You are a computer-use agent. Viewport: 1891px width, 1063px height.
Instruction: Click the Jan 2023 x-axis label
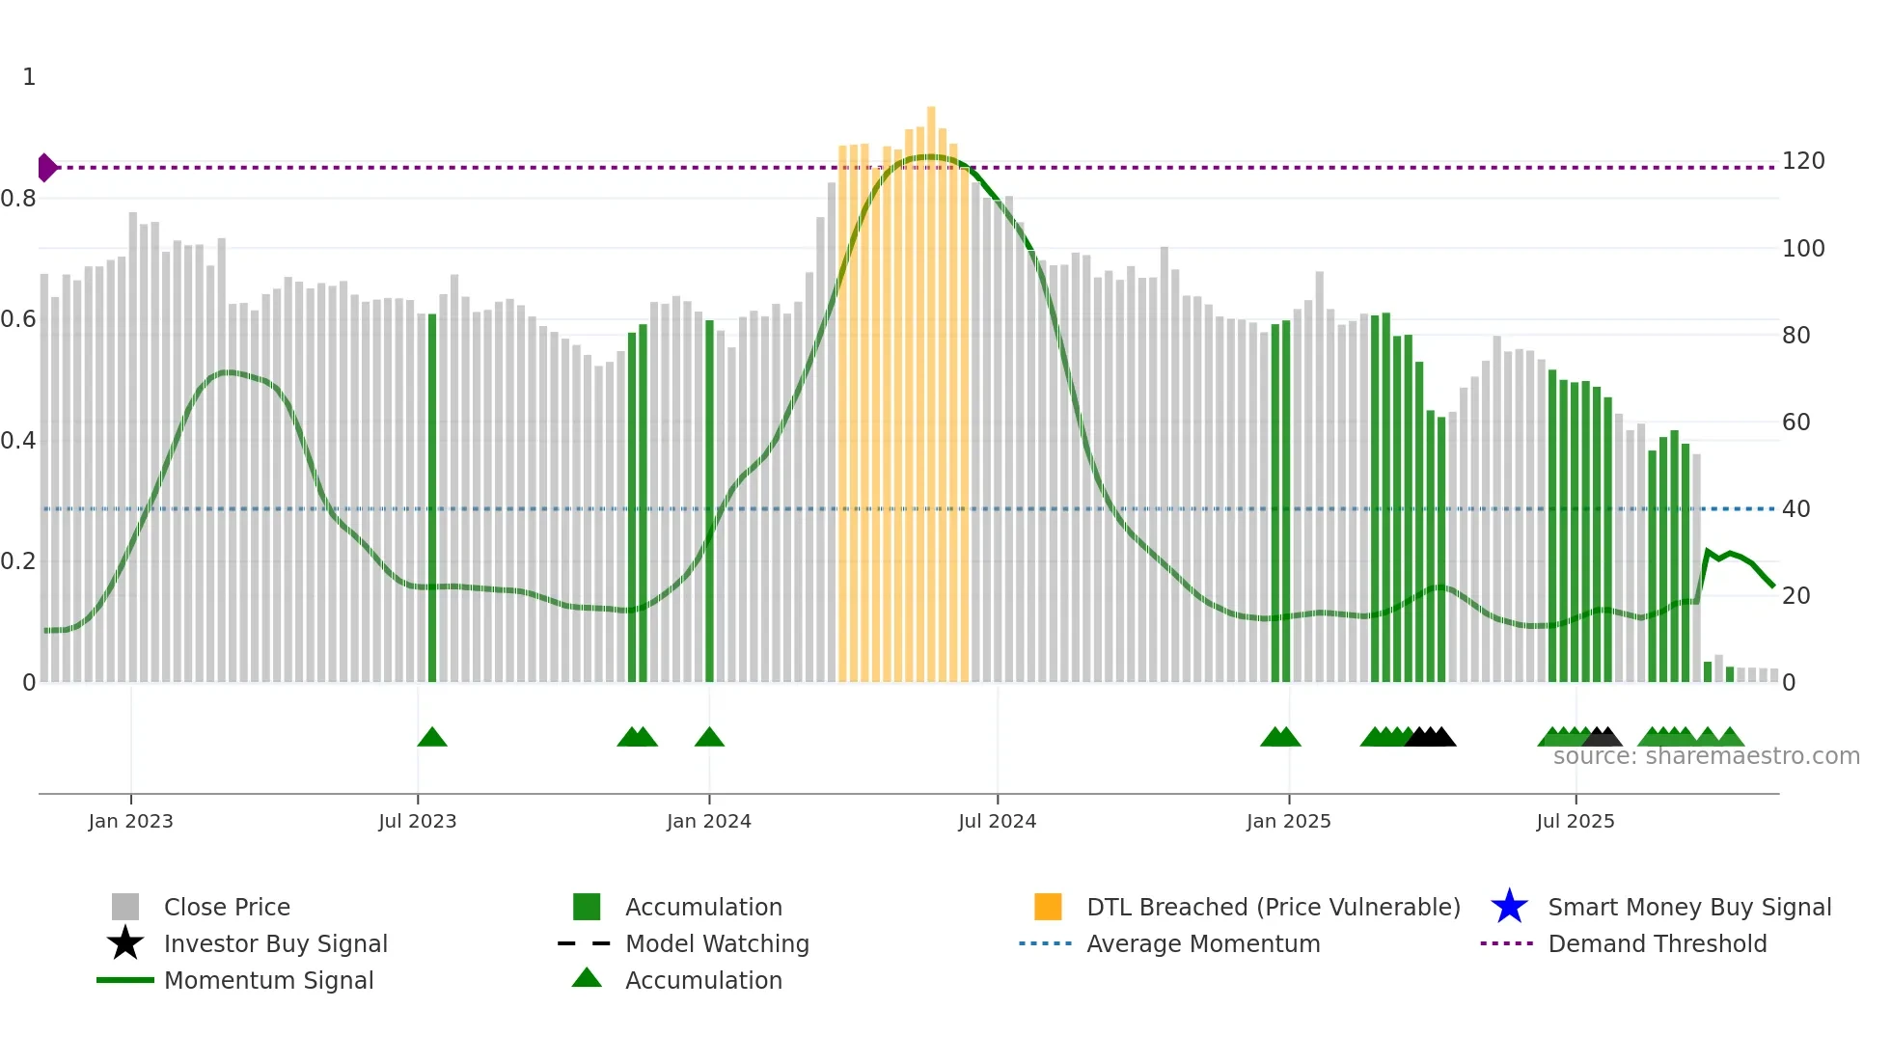pyautogui.click(x=130, y=821)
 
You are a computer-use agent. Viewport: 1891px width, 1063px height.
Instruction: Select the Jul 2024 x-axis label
pyautogui.click(x=997, y=821)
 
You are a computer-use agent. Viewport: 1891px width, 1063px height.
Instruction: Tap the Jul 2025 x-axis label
pyautogui.click(x=1575, y=821)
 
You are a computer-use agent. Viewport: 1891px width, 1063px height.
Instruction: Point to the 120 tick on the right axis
pyautogui.click(x=1802, y=161)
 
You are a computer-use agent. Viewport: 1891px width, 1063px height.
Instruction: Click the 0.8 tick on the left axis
pyautogui.click(x=18, y=199)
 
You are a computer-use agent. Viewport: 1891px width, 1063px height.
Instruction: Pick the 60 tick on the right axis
pyautogui.click(x=1795, y=422)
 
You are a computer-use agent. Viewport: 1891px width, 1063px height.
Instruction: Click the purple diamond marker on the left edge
pyautogui.click(x=46, y=168)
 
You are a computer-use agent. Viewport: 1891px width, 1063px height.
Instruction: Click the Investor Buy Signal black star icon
pyautogui.click(x=125, y=943)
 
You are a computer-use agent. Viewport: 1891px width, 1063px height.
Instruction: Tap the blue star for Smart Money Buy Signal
pyautogui.click(x=1509, y=907)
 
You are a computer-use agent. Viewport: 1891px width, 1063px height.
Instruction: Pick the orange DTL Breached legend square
pyautogui.click(x=1048, y=907)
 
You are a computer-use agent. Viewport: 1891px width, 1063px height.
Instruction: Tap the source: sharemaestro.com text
pyautogui.click(x=1706, y=756)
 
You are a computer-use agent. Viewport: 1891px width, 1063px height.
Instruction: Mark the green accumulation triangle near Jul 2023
pyautogui.click(x=432, y=738)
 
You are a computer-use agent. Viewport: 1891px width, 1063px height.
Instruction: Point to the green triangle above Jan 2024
pyautogui.click(x=709, y=738)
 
